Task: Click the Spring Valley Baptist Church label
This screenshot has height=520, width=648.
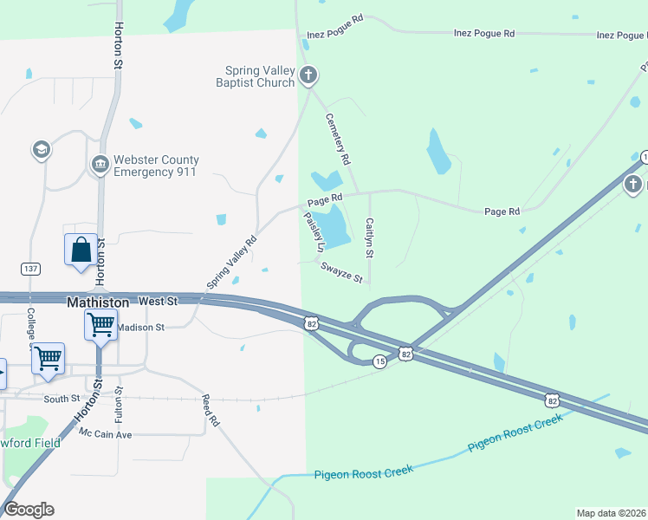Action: (260, 76)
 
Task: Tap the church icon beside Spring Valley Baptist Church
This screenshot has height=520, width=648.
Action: (308, 76)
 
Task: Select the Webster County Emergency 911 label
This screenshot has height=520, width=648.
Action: (155, 166)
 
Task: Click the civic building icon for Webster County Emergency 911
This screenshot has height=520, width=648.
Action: (100, 164)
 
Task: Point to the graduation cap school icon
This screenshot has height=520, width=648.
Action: (40, 150)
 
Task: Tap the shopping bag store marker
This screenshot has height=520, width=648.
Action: (81, 250)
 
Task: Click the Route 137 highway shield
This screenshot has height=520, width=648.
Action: (31, 270)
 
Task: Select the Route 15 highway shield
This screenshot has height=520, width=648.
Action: (379, 361)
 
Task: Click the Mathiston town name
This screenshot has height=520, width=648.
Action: (98, 302)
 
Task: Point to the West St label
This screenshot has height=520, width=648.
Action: (158, 301)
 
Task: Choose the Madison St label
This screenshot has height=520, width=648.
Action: (140, 328)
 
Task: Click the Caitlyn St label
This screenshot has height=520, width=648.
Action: (369, 238)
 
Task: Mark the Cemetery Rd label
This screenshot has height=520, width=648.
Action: (337, 139)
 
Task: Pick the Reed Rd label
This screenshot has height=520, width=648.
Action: (211, 411)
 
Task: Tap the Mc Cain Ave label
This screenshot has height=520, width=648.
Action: (105, 432)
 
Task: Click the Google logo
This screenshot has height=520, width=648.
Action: (29, 510)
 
